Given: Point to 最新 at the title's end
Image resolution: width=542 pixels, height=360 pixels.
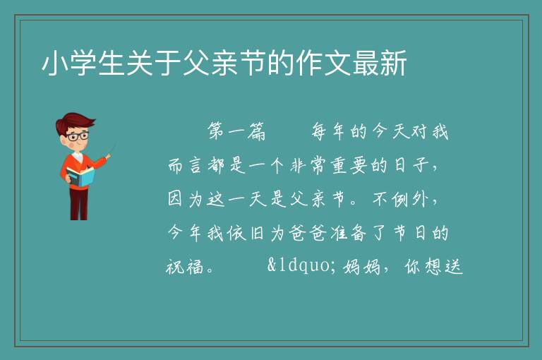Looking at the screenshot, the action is [x=380, y=63].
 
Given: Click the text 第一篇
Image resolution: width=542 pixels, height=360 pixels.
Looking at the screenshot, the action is [x=237, y=131].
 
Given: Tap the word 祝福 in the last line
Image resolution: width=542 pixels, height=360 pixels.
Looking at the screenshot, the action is [x=185, y=267].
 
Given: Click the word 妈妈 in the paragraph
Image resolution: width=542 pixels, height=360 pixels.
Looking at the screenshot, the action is [x=361, y=267].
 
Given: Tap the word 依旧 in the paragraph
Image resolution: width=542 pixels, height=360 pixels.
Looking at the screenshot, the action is [x=246, y=233].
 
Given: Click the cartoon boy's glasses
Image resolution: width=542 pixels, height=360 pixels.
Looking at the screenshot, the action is [x=78, y=136].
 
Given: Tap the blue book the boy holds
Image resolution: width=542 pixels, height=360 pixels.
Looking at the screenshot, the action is [x=80, y=176].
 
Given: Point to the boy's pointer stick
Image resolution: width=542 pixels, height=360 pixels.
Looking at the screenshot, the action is [x=112, y=150].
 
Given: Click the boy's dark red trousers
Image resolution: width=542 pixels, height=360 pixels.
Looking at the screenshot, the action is [x=78, y=204].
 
